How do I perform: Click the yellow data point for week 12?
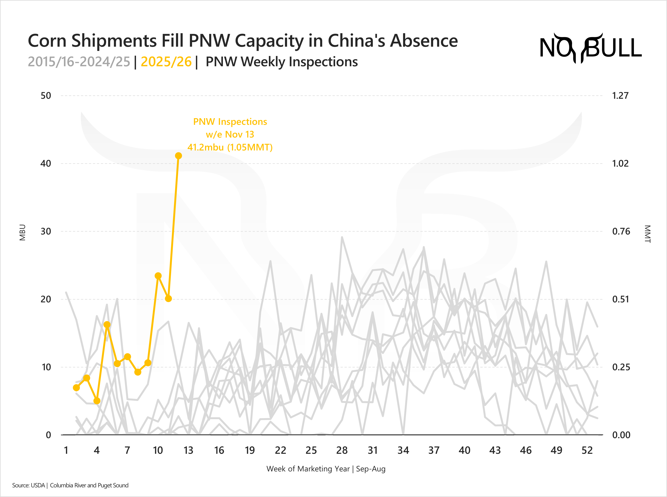pyautogui.click(x=178, y=156)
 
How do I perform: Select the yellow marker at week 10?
pyautogui.click(x=158, y=276)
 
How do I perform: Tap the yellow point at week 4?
pyautogui.click(x=97, y=401)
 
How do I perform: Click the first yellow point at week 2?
pyautogui.click(x=76, y=388)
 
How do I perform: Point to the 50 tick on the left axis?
pyautogui.click(x=46, y=96)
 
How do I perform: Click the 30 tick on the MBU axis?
pyautogui.click(x=46, y=231)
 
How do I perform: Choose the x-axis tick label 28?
pyautogui.click(x=342, y=450)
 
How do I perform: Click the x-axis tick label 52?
pyautogui.click(x=587, y=450)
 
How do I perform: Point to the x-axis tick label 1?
pyautogui.click(x=66, y=450)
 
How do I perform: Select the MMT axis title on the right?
pyautogui.click(x=647, y=234)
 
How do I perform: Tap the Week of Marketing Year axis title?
pyautogui.click(x=326, y=469)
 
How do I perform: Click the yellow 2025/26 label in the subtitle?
pyautogui.click(x=166, y=62)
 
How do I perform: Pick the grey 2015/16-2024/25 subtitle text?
pyautogui.click(x=79, y=62)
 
